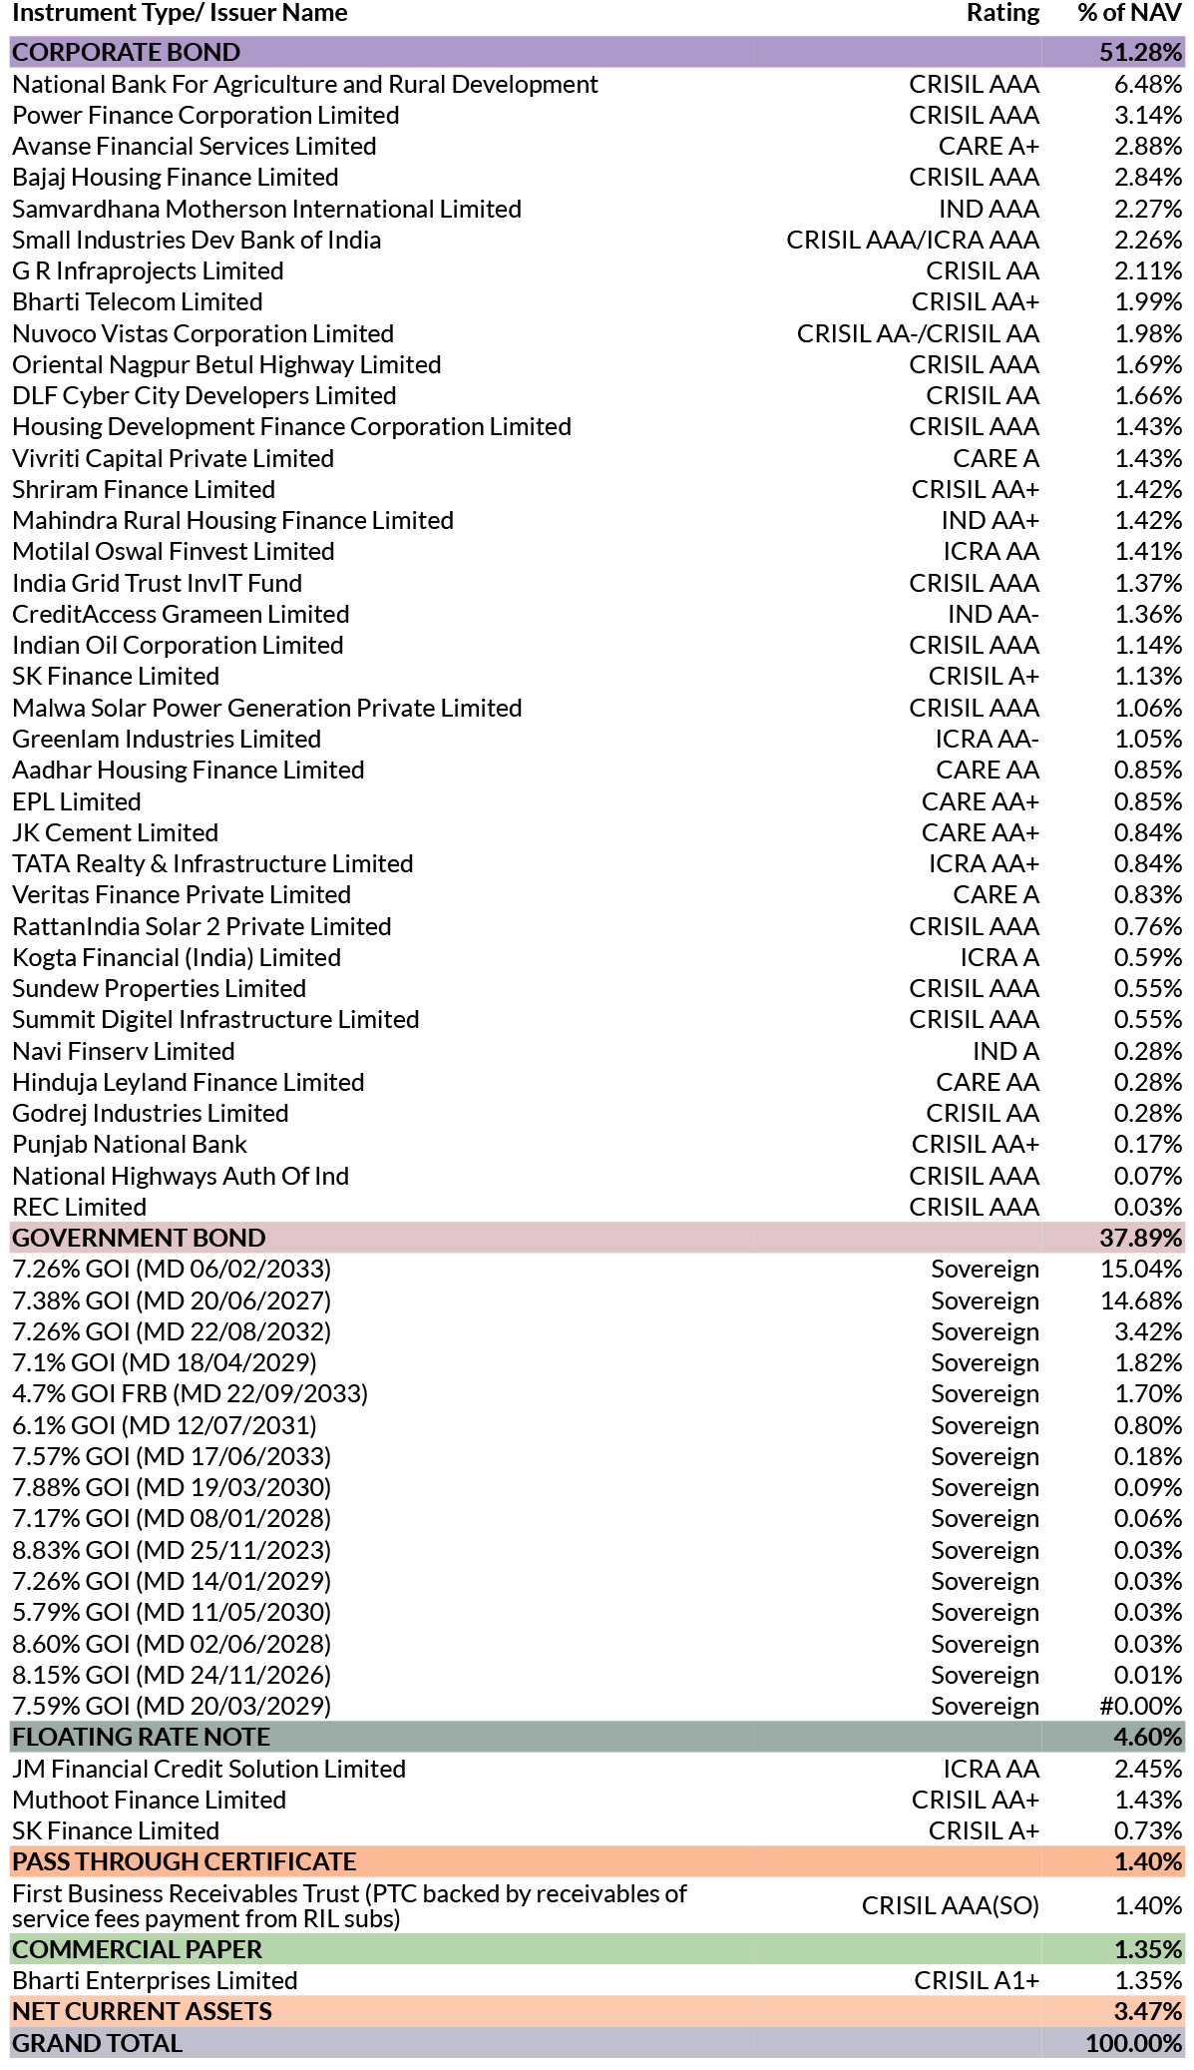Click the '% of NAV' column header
1130,13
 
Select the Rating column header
1002,13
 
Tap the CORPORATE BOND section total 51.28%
1141,52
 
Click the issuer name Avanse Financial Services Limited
195,146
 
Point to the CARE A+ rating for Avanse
989,146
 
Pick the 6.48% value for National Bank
1148,84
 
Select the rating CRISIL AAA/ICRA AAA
913,240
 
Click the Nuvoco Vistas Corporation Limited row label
203,333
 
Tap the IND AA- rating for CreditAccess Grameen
993,614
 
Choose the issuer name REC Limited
80,1207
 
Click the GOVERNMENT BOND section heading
140,1238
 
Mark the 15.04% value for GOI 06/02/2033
1142,1269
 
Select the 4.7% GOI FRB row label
191,1393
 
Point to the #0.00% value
1141,1706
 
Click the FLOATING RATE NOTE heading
142,1737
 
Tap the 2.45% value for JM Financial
1148,1769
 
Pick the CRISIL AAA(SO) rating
951,1905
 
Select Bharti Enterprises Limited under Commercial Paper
156,1980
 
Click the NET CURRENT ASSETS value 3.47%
1148,2011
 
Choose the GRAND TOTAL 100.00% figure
1134,2043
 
